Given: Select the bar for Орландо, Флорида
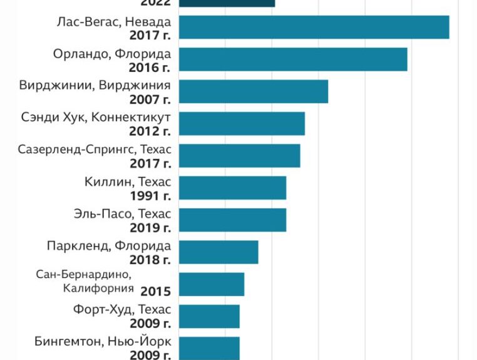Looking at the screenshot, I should coord(293,59).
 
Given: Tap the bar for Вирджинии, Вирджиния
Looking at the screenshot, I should coord(254,91).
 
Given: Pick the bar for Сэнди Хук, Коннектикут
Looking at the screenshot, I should coord(242,123).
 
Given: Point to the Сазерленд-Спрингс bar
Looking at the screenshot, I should coord(240,156).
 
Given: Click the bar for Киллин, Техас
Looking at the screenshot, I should coord(233,188).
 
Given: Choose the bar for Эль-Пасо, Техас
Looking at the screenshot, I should coord(233,220).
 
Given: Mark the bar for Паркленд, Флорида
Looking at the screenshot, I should coord(218,252).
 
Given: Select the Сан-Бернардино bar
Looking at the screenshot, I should coord(212,284).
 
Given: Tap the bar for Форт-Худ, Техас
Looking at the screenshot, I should coord(210,316).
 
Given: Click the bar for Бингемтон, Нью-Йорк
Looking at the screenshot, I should coord(210,348).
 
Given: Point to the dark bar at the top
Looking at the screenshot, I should coord(227,3).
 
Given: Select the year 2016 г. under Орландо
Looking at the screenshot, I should coord(150,67).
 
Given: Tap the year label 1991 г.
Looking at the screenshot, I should coord(150,195).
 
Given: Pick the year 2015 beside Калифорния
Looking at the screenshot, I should coord(155,291).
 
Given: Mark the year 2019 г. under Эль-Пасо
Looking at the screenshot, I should coord(150,228).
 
